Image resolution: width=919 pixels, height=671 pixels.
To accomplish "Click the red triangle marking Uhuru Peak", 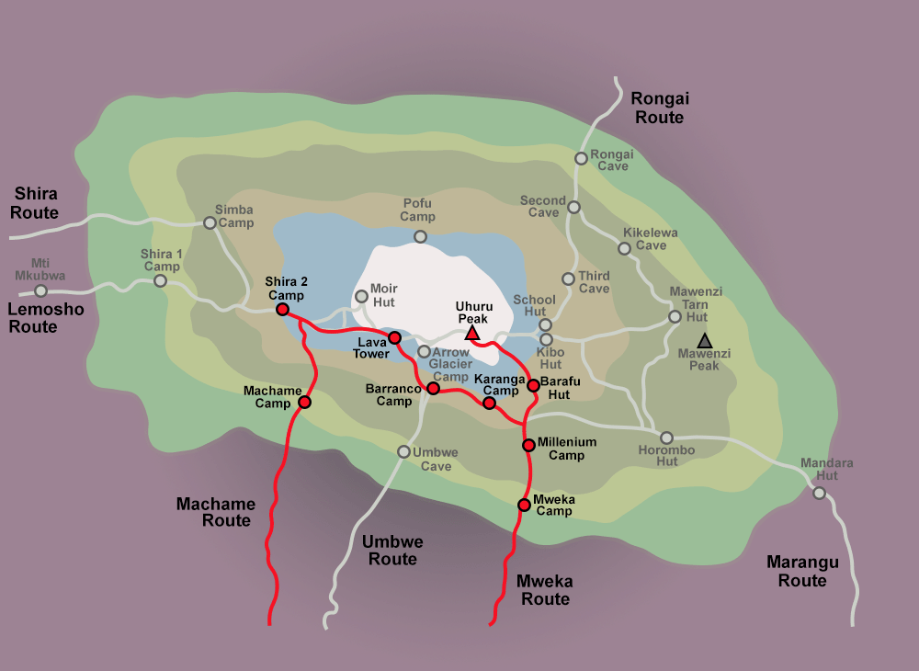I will coord(471,333).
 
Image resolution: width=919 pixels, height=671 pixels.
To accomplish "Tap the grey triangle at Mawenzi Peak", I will coord(704,341).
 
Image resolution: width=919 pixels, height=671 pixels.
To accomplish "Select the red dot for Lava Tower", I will coord(395,337).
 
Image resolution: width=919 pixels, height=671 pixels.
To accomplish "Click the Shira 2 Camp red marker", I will coord(282,309).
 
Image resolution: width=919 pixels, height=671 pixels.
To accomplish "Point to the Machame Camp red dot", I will coord(304,402).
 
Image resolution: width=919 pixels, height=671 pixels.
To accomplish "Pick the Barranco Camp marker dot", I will coord(433,389).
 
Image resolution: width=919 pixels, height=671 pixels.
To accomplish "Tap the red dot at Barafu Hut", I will coord(533,384).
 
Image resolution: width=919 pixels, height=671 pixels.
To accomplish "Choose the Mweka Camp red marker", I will coord(524,504).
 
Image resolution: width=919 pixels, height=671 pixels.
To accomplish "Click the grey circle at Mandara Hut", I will coord(819,493).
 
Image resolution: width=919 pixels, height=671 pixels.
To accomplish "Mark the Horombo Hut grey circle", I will coord(666,438).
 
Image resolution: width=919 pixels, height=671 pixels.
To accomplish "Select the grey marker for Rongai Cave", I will coord(581,158).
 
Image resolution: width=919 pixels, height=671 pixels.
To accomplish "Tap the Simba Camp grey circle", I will coord(210,222).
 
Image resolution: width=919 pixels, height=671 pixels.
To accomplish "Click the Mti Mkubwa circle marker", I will coord(40,290).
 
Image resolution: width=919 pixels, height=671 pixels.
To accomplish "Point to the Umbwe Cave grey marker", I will coord(403,451).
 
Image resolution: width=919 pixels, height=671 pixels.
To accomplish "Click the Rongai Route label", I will coord(659,108).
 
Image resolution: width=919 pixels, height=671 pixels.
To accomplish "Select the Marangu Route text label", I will coord(802,571).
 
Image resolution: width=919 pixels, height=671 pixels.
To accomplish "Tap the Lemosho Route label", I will coord(45,318).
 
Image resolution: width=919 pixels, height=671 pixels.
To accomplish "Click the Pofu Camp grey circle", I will coord(420,236).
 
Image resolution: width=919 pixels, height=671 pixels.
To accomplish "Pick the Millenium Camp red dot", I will coord(528,445).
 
